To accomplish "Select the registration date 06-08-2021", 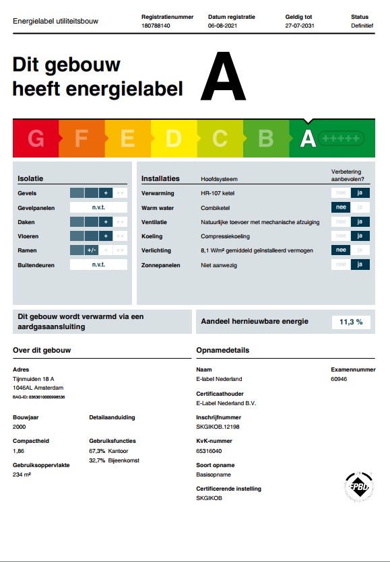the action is pyautogui.click(x=223, y=25).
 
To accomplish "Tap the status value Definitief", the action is pyautogui.click(x=362, y=25).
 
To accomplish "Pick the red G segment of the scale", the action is pyautogui.click(x=36, y=139).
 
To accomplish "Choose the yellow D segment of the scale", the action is pyautogui.click(x=173, y=139).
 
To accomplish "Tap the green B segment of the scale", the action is pyautogui.click(x=265, y=139).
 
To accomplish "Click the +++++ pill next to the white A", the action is pyautogui.click(x=341, y=139).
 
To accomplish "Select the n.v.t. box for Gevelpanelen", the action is pyautogui.click(x=98, y=207).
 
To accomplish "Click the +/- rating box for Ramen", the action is pyautogui.click(x=92, y=250).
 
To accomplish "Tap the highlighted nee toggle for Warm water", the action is pyautogui.click(x=341, y=207).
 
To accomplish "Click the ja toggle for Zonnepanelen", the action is pyautogui.click(x=360, y=265).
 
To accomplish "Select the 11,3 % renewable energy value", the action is pyautogui.click(x=351, y=322).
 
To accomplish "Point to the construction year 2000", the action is pyautogui.click(x=20, y=427).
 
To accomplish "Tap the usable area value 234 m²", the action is pyautogui.click(x=22, y=475).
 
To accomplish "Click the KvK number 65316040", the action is pyautogui.click(x=209, y=451).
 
